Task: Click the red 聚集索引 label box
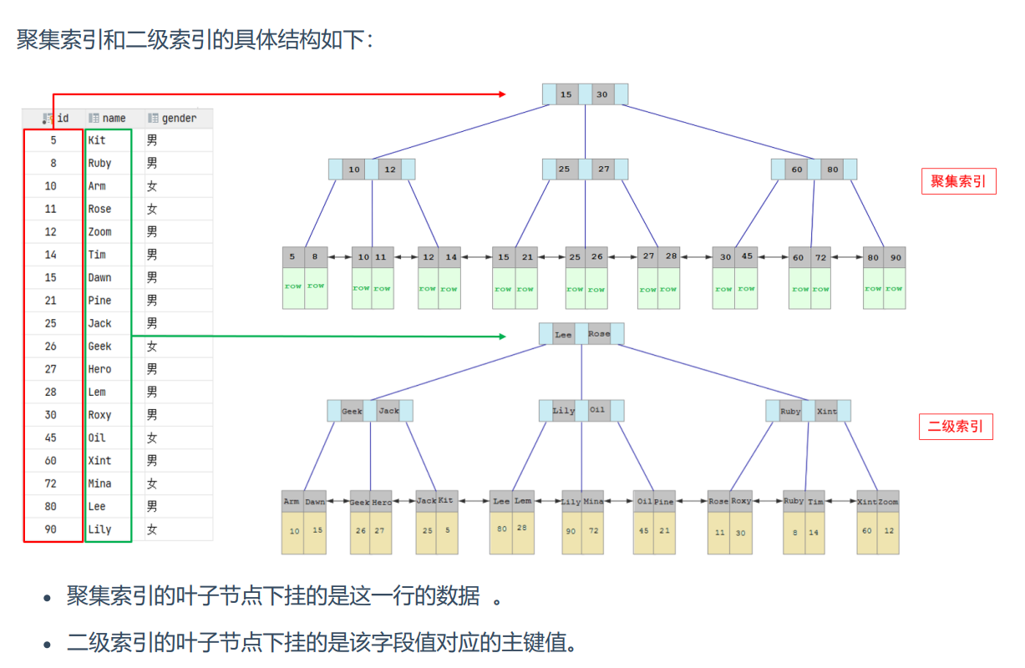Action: pos(958,181)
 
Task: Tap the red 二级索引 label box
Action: pos(956,427)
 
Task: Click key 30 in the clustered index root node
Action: pos(601,94)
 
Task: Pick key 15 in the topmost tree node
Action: pos(566,94)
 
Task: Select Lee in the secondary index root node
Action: pos(564,334)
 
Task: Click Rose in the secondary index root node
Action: pos(599,334)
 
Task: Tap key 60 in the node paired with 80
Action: pos(797,170)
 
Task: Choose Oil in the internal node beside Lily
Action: pos(597,410)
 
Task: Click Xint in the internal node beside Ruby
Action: pos(826,411)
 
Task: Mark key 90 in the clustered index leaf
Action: pos(896,257)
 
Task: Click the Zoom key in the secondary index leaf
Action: pos(888,502)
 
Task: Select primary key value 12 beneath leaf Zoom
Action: pos(889,530)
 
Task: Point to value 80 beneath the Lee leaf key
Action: pos(501,529)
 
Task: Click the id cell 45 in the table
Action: pos(51,438)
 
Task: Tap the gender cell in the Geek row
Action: pos(152,346)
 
